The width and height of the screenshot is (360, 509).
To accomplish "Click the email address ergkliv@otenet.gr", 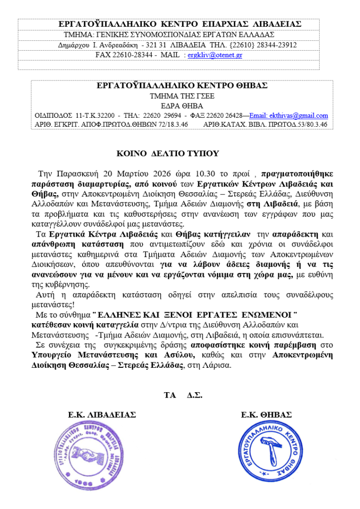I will coord(214,55).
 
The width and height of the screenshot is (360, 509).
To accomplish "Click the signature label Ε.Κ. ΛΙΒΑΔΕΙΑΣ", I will coord(101,415).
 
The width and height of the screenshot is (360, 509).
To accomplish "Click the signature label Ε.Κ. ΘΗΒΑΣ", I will coord(266,415).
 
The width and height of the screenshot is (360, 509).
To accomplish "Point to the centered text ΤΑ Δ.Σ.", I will coord(182,396).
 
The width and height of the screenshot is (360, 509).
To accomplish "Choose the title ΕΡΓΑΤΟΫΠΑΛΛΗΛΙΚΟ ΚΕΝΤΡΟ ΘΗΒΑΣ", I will coord(182,85).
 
